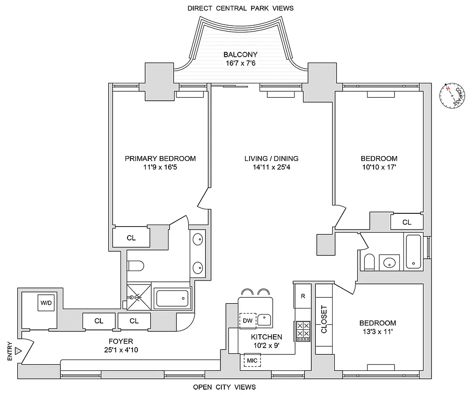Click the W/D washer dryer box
click(46, 303)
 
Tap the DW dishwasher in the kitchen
click(248, 321)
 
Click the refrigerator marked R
click(302, 297)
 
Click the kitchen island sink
click(265, 320)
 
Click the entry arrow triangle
click(18, 351)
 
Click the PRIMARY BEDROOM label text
click(160, 158)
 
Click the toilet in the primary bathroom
click(135, 266)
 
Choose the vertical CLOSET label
click(324, 319)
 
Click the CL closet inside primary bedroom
click(131, 237)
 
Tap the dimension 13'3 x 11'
click(378, 332)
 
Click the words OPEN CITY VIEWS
click(224, 387)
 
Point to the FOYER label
click(121, 341)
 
